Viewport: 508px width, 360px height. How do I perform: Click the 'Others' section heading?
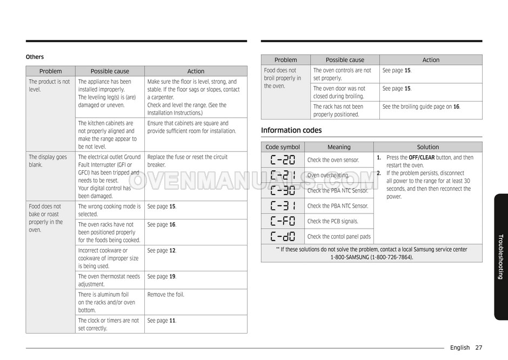[35, 57]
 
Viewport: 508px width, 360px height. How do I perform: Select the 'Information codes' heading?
[291, 130]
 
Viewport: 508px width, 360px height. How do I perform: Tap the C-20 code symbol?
[283, 160]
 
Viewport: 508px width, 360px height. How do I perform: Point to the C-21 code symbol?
[283, 175]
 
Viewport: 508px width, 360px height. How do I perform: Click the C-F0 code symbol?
[283, 221]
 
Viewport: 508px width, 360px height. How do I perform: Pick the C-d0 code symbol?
[283, 236]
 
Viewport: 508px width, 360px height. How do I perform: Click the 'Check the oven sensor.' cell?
[333, 160]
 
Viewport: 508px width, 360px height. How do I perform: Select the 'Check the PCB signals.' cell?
[332, 221]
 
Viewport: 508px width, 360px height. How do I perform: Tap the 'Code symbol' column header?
[283, 147]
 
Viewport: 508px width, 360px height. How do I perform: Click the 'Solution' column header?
[427, 147]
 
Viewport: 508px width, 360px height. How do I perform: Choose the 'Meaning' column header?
[339, 147]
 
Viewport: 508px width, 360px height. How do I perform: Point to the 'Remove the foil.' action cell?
[165, 295]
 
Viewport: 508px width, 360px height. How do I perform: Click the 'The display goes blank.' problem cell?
[48, 161]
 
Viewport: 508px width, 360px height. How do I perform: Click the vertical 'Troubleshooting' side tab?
[500, 256]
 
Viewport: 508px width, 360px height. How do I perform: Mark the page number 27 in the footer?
[479, 348]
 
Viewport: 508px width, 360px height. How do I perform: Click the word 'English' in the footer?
[459, 348]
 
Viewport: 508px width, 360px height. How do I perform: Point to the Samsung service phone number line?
[371, 257]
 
